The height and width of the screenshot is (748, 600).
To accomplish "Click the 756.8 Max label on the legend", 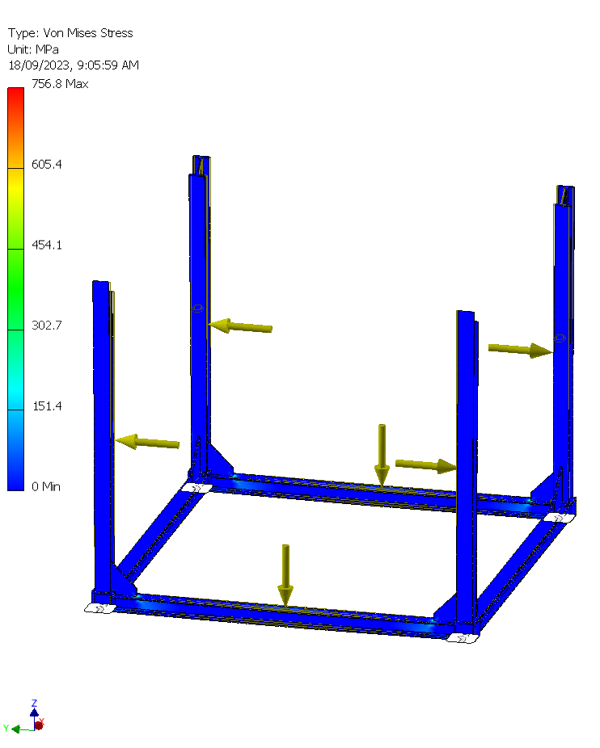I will click(x=60, y=84).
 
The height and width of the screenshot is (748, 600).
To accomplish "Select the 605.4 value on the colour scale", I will click(x=47, y=165).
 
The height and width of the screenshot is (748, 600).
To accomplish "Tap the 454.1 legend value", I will click(x=47, y=245).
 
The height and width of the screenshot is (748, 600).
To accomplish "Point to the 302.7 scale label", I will click(x=47, y=326).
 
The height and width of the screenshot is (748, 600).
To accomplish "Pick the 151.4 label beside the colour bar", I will click(x=47, y=406).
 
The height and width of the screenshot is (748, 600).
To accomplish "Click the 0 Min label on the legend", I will click(x=46, y=486).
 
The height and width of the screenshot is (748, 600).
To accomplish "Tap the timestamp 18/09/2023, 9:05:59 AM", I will click(x=74, y=65).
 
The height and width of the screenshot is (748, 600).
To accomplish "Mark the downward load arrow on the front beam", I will click(x=285, y=574).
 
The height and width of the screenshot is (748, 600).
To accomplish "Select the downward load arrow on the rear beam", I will click(x=382, y=453).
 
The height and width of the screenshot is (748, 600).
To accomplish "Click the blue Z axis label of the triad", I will click(x=34, y=704).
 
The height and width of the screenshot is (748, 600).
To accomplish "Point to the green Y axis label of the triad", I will click(x=6, y=729).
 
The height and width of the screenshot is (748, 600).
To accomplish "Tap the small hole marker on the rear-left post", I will click(x=196, y=309).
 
